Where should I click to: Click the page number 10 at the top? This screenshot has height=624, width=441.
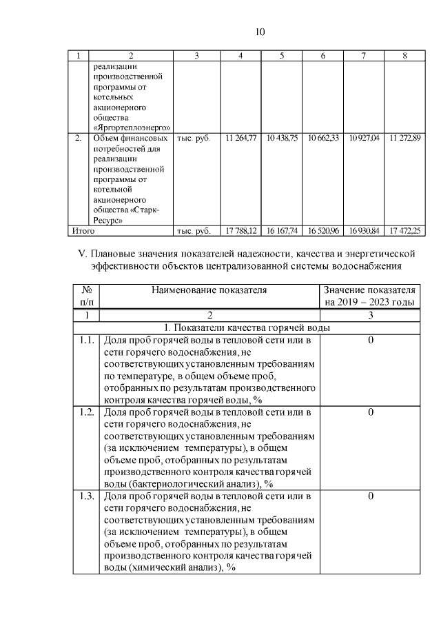(x=260, y=32)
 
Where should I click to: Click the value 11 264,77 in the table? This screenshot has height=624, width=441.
(x=240, y=139)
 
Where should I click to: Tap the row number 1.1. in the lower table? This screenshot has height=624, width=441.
(x=86, y=340)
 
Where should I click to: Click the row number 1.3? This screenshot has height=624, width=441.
(x=86, y=496)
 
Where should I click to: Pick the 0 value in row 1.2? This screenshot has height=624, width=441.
(x=370, y=412)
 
